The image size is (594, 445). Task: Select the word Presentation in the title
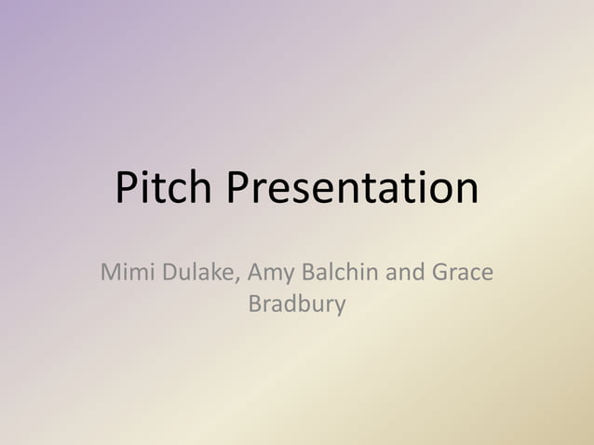352,189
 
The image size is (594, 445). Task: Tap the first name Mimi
128,275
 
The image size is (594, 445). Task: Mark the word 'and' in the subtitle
406,275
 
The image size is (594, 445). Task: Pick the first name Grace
462,275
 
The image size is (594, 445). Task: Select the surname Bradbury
297,304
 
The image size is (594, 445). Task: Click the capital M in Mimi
111,275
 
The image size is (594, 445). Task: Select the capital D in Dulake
171,275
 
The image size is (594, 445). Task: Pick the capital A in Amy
256,275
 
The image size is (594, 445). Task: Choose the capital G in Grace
440,275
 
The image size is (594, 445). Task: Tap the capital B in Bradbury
255,303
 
